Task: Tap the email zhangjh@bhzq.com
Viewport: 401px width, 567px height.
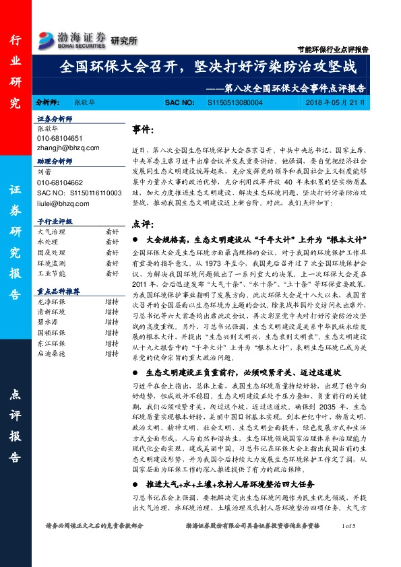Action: (x=68, y=147)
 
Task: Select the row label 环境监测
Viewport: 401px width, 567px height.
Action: (x=52, y=265)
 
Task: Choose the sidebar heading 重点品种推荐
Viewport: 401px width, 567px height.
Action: (x=59, y=292)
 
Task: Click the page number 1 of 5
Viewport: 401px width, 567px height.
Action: (x=352, y=544)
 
